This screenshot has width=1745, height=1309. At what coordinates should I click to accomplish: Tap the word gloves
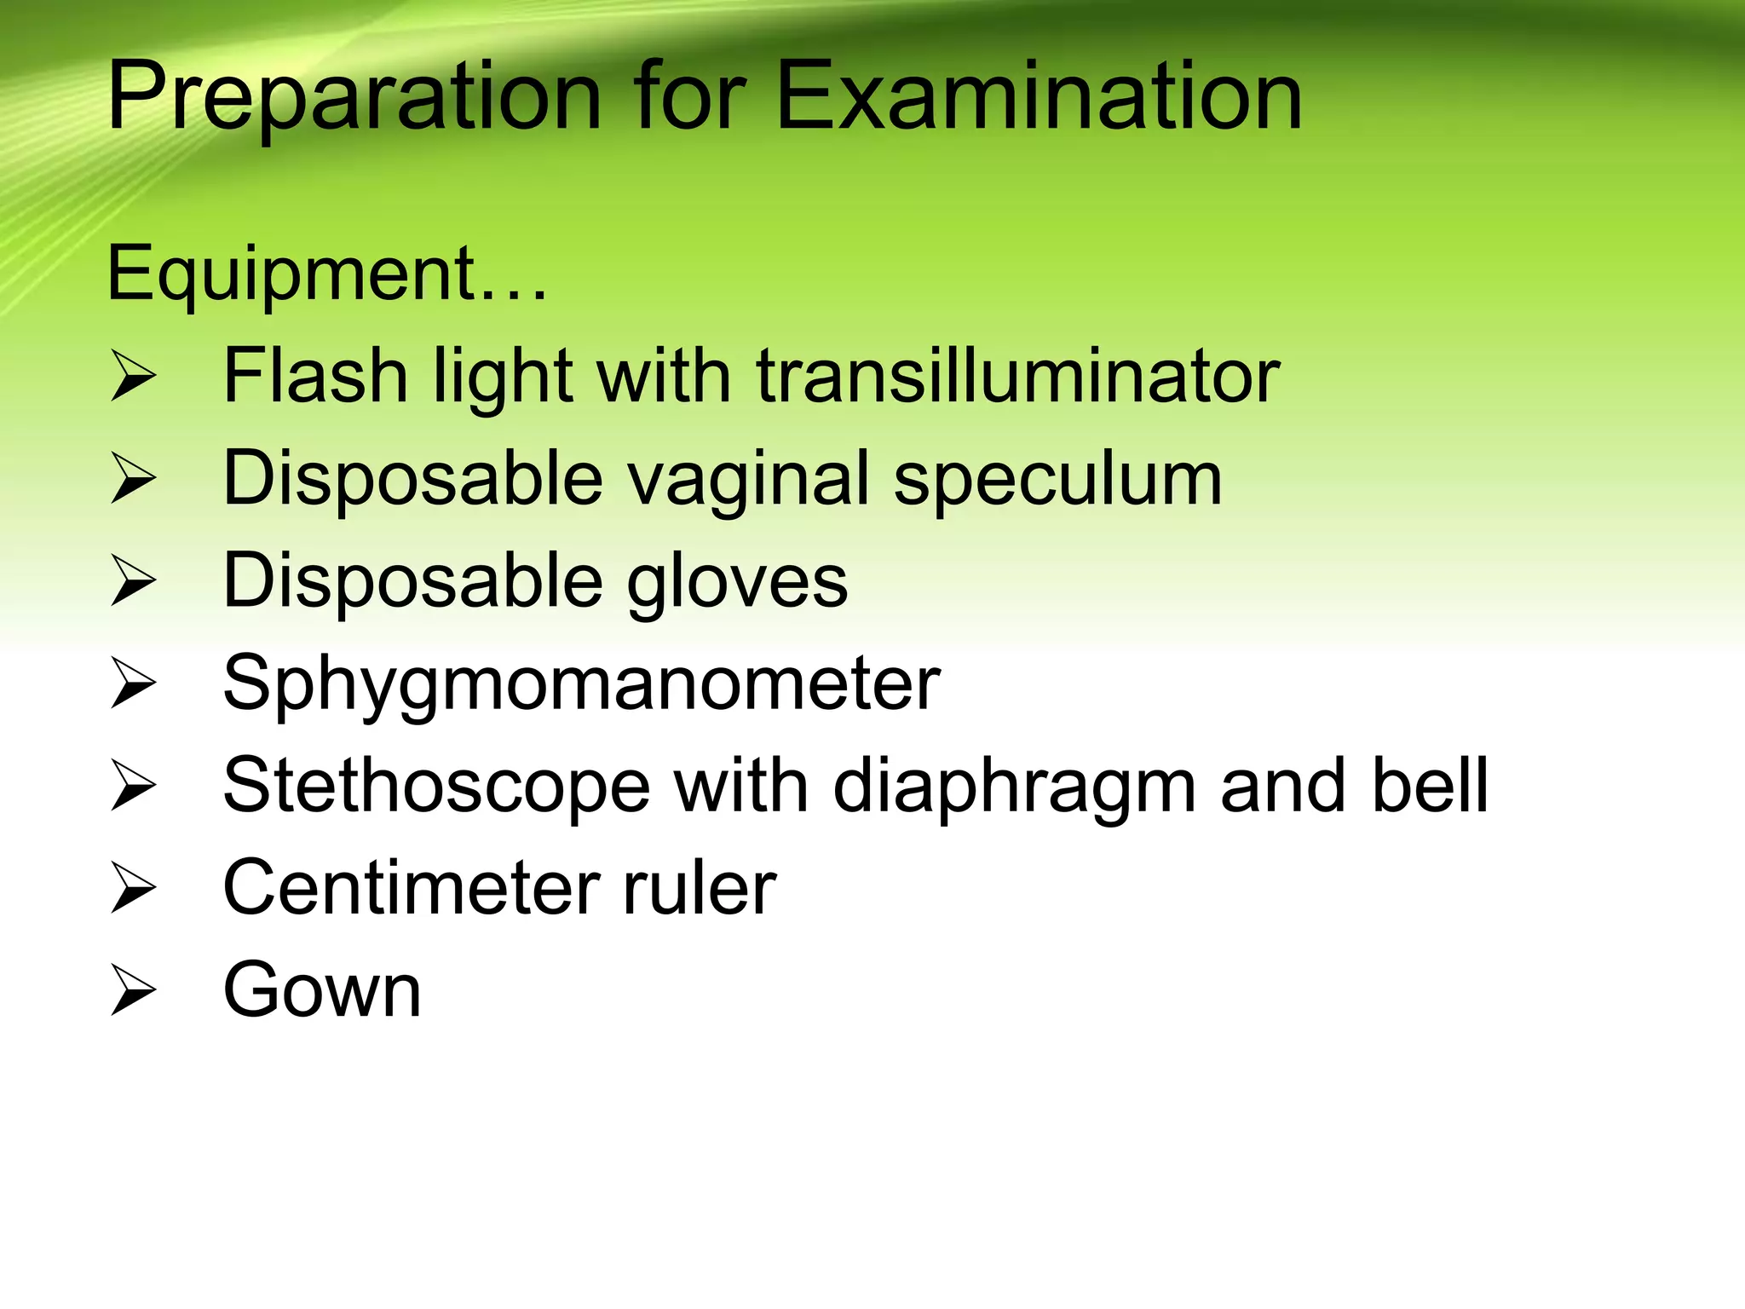(737, 582)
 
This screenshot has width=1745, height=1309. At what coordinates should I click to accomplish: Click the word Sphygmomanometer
(581, 684)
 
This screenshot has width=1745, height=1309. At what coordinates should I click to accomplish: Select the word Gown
(322, 990)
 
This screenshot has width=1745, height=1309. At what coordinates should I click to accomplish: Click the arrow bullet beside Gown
(133, 991)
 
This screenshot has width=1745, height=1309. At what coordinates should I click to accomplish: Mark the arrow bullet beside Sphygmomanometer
(133, 684)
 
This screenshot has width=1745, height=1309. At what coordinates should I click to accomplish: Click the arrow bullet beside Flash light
(133, 378)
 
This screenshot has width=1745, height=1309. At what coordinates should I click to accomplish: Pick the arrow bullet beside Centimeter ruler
(133, 889)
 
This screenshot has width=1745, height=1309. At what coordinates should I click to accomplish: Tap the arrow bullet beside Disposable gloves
(133, 582)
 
